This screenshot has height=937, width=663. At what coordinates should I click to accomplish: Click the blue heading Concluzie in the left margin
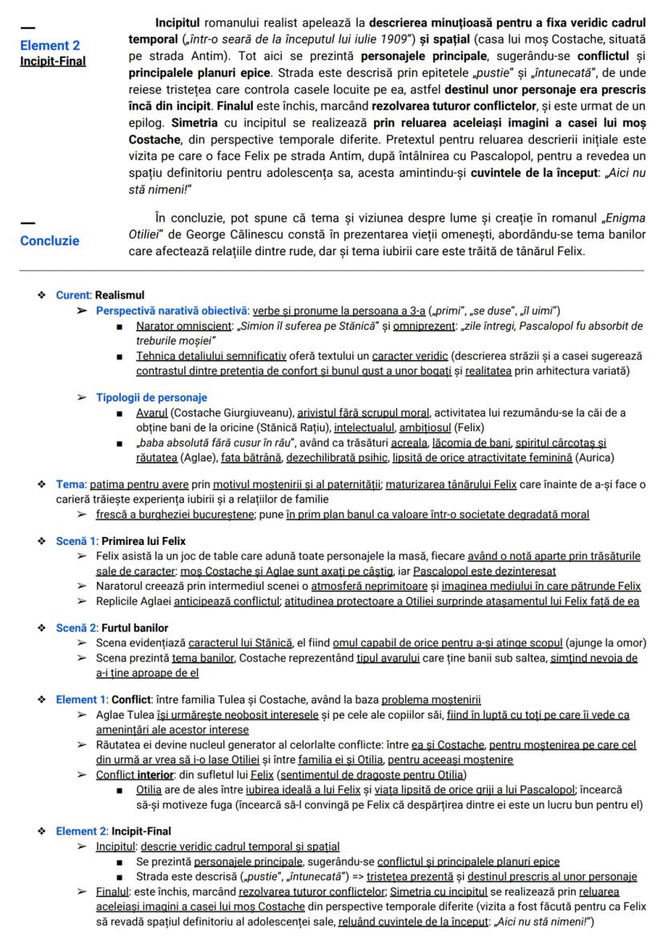pyautogui.click(x=50, y=240)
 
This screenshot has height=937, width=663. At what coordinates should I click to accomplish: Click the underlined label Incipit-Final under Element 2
pyautogui.click(x=53, y=61)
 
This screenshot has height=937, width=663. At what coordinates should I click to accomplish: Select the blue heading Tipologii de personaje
pyautogui.click(x=151, y=397)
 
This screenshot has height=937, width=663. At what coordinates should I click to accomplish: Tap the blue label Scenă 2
pyautogui.click(x=74, y=627)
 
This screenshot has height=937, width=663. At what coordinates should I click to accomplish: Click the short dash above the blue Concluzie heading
pyautogui.click(x=27, y=222)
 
